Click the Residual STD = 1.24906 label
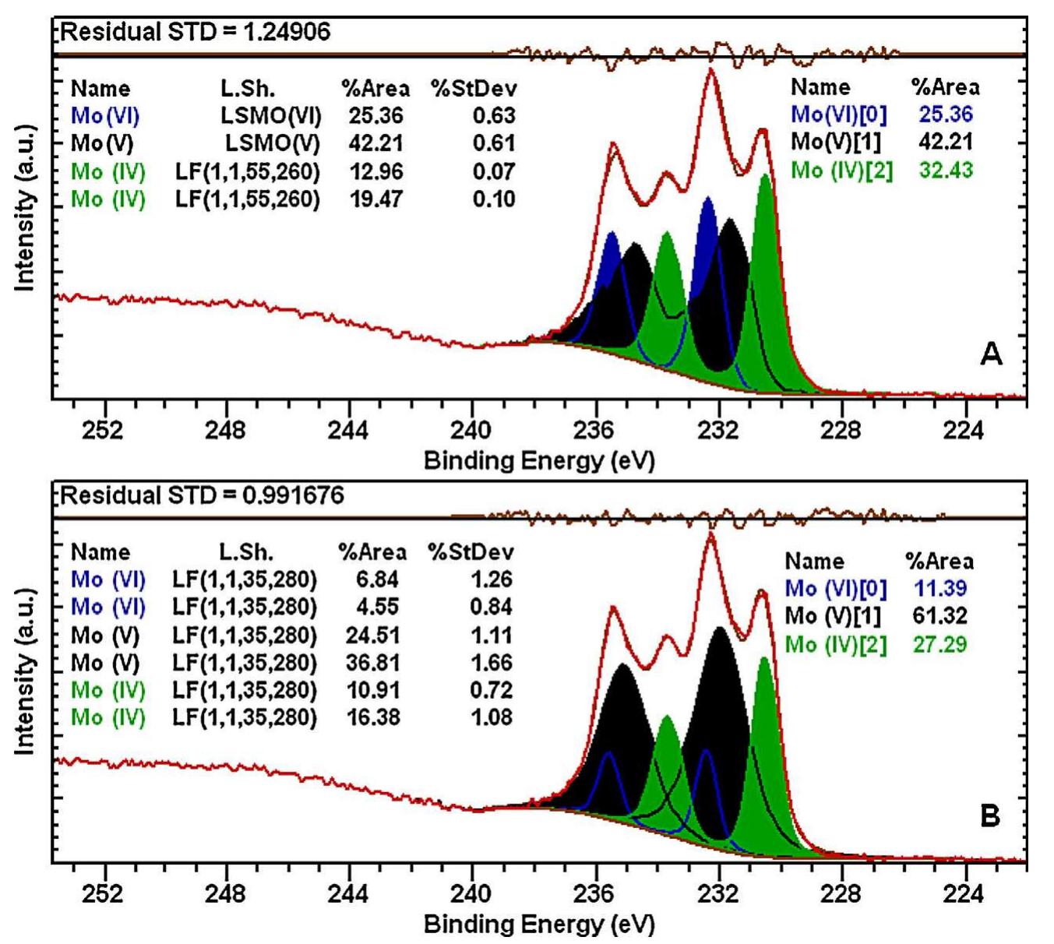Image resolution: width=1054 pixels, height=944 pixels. click(x=196, y=32)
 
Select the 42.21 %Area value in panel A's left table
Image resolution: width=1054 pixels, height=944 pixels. click(x=375, y=143)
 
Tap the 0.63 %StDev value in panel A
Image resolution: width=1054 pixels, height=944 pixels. click(x=494, y=116)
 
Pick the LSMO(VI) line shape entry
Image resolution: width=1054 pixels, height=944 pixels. click(x=270, y=116)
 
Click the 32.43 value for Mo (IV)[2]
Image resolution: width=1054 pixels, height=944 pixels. click(x=946, y=170)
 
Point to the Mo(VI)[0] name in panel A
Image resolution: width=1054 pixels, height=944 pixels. click(x=839, y=114)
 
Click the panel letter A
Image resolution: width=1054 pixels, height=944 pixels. click(x=990, y=354)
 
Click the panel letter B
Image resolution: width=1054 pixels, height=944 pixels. click(x=989, y=816)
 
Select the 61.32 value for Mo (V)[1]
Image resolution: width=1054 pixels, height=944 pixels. click(x=939, y=616)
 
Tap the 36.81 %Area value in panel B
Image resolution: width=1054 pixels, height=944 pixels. click(x=373, y=663)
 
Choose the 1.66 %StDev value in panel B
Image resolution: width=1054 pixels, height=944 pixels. click(x=492, y=663)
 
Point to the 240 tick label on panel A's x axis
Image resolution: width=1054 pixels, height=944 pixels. click(x=471, y=430)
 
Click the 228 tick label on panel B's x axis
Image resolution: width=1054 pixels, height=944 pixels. click(x=841, y=893)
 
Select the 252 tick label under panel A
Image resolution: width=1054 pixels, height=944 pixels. click(x=103, y=430)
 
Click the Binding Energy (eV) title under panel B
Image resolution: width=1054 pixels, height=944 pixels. click(x=539, y=925)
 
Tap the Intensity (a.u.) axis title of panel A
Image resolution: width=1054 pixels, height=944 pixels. click(x=25, y=207)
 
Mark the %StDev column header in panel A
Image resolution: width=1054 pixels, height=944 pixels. click(x=474, y=88)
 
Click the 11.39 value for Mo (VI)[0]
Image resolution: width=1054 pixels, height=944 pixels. click(x=939, y=588)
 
